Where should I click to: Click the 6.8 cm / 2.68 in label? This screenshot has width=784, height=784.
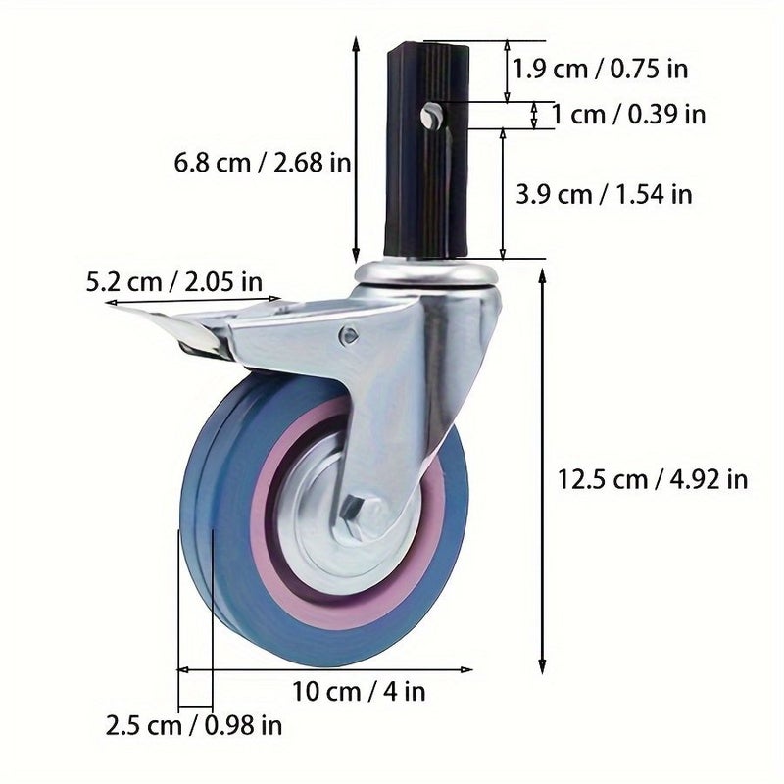click(262, 163)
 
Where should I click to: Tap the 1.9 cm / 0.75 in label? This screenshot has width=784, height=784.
click(600, 69)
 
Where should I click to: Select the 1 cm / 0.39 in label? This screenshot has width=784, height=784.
click(628, 115)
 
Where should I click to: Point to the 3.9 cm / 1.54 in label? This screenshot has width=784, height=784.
click(604, 194)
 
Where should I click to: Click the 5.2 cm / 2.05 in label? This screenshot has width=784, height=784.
click(174, 282)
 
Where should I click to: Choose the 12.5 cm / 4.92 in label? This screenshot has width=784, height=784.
click(653, 479)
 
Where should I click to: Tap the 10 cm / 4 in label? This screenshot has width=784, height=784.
click(359, 692)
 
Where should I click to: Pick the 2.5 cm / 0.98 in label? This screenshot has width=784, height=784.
click(193, 725)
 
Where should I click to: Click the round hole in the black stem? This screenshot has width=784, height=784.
click(429, 116)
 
